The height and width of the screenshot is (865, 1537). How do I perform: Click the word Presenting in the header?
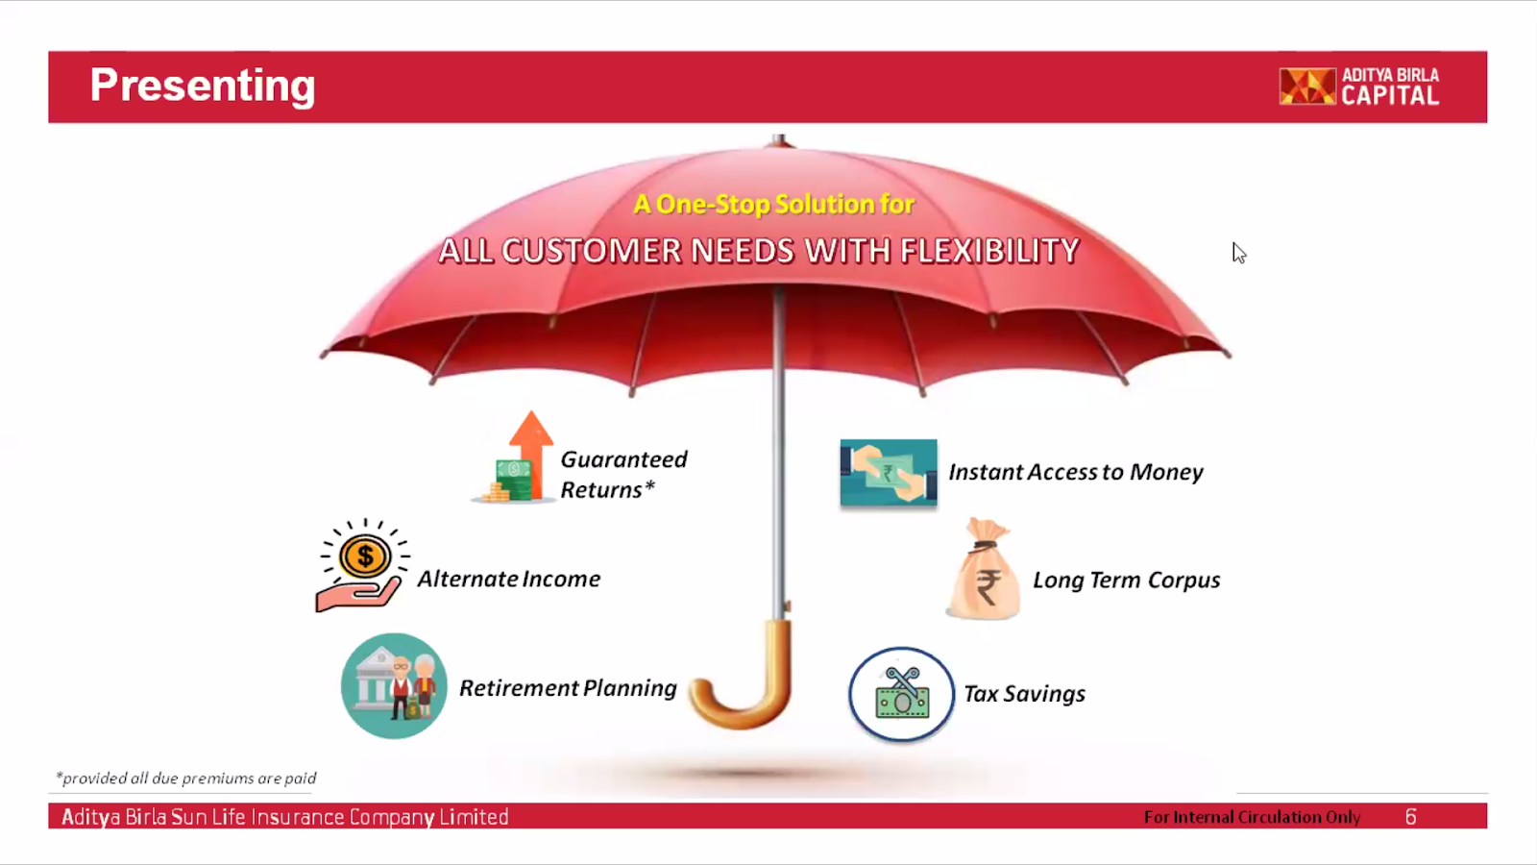pos(203,86)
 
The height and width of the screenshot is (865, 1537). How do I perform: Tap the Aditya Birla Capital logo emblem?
pos(1307,86)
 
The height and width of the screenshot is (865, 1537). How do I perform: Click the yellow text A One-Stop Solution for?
pos(773,204)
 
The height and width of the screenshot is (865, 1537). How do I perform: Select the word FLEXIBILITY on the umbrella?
pos(989,251)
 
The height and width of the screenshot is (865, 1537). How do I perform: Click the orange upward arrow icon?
pos(531,453)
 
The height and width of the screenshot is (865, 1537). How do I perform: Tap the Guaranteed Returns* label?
pos(623,475)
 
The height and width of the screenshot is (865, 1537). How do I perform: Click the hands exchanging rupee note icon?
pos(889,472)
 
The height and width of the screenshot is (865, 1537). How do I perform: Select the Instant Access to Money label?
pos(1075,472)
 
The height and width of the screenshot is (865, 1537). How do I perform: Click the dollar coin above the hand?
pos(365,556)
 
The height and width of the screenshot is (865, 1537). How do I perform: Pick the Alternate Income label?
pos(508,579)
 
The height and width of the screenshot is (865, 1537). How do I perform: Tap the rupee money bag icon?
pos(985,569)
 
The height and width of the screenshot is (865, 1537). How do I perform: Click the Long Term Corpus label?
pos(1126,581)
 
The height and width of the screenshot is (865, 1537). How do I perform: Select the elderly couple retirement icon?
pos(394,686)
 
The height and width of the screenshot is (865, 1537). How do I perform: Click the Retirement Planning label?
pos(568,688)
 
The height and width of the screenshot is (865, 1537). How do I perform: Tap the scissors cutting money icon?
pos(902,694)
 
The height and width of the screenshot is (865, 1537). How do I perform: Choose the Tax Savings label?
pos(1024,694)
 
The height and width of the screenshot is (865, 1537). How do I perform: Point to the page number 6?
pos(1410,817)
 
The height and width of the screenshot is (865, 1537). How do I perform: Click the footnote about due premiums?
pos(186,778)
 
